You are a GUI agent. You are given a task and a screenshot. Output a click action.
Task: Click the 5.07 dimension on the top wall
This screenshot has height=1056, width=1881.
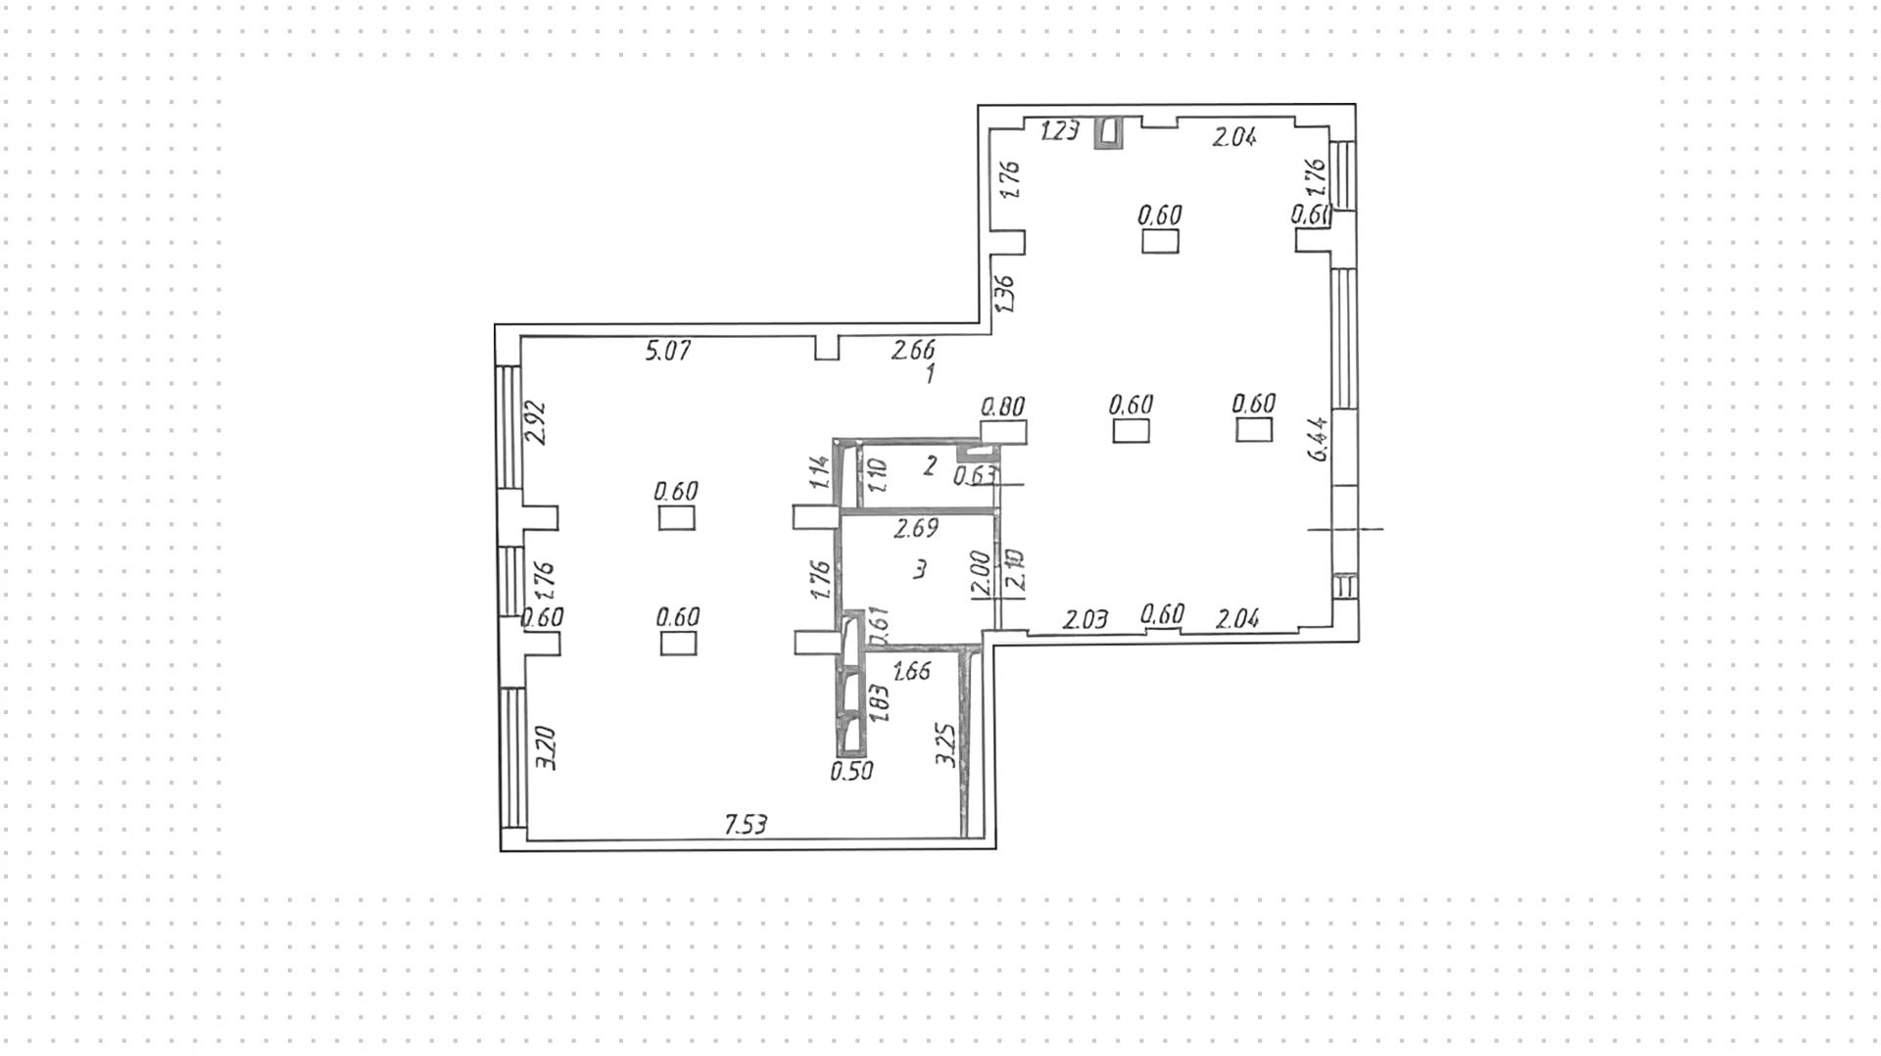(x=668, y=350)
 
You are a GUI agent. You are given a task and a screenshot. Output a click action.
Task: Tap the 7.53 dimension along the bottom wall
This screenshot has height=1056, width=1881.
(x=746, y=825)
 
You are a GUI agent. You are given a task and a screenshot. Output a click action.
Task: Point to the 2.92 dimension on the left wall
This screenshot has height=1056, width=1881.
(x=536, y=423)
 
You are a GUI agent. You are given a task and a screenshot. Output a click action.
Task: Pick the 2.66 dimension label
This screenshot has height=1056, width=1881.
(x=912, y=349)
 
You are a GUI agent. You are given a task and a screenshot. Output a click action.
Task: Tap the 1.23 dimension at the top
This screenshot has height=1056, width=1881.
(x=1060, y=131)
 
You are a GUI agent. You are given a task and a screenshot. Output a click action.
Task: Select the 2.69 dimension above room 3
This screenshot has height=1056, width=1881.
(x=915, y=529)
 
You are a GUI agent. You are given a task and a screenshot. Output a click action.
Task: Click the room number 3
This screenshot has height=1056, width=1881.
(x=919, y=570)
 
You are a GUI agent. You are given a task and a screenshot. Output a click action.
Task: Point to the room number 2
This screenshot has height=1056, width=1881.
(x=931, y=464)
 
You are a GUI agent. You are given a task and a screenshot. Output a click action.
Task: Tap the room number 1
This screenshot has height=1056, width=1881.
(x=931, y=373)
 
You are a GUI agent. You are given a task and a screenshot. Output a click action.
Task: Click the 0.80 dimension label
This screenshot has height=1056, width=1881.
(x=1002, y=406)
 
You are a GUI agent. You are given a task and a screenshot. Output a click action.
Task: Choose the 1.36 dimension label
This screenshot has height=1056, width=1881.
(x=1005, y=294)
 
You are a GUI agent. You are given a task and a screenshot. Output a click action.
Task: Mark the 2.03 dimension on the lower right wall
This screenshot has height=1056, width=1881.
(x=1085, y=619)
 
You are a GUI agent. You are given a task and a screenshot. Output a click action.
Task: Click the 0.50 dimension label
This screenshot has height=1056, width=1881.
(x=851, y=771)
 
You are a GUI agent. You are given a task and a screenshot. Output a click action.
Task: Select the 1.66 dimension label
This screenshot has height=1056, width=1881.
(x=912, y=671)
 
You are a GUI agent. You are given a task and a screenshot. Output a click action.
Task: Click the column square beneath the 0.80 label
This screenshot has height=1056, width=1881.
(x=1003, y=432)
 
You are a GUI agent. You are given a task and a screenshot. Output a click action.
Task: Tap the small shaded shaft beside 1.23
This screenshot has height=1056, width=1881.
(x=1108, y=133)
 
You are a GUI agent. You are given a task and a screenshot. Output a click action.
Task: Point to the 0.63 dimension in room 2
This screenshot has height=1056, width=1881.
(x=975, y=476)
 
